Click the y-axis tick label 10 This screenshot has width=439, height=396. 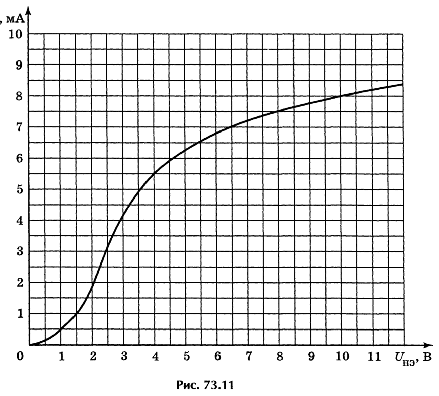[15, 34]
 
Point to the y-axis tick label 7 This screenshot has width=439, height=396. [19, 127]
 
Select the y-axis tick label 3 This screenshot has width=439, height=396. [19, 251]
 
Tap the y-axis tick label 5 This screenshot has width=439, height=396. [19, 190]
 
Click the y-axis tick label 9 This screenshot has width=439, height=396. [19, 65]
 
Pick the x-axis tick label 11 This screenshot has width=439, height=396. [374, 357]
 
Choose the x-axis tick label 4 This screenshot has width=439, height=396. [155, 357]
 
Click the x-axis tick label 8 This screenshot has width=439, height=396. [280, 357]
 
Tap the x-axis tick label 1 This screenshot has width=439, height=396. [61, 357]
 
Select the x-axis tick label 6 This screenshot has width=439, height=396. [217, 357]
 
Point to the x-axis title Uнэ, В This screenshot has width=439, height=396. [413, 358]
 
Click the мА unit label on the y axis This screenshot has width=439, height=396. [15, 19]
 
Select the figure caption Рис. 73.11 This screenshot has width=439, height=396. [205, 385]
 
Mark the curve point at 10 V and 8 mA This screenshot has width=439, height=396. [341, 96]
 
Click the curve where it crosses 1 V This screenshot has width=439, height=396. [60, 329]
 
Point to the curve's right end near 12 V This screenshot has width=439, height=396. [403, 84]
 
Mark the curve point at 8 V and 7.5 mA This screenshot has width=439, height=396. [278, 111]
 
